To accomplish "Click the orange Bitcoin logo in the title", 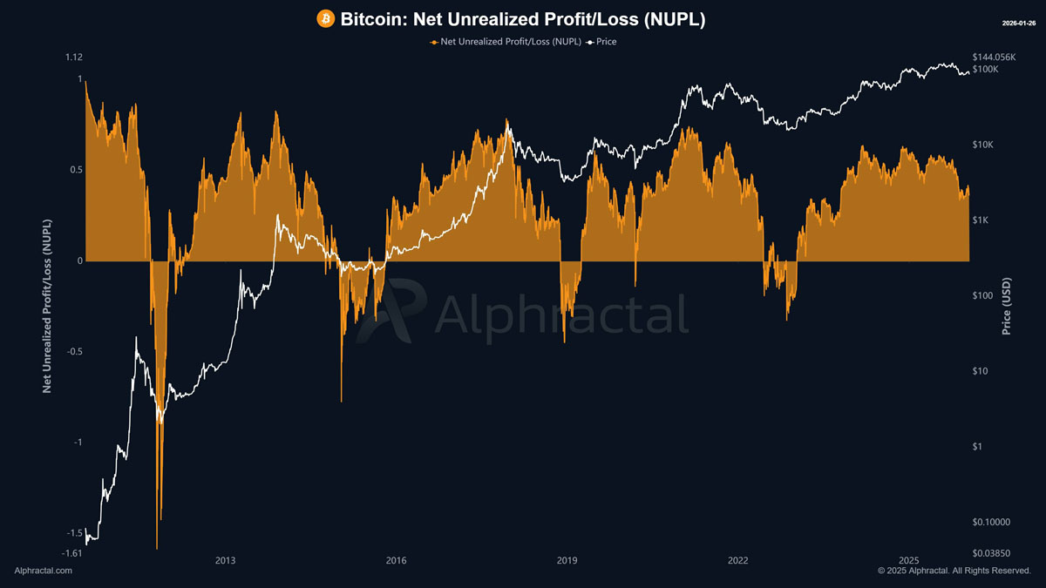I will tap(326, 18).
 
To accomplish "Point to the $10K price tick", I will tap(984, 145).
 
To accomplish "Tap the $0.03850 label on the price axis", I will tap(992, 553).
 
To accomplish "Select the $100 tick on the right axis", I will tap(984, 295).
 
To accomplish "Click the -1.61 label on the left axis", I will tap(73, 553).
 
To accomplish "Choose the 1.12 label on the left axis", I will tap(74, 57).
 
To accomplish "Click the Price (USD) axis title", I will tap(1007, 307).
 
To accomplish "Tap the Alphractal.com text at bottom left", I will tap(44, 571).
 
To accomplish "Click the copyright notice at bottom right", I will tap(954, 571).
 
